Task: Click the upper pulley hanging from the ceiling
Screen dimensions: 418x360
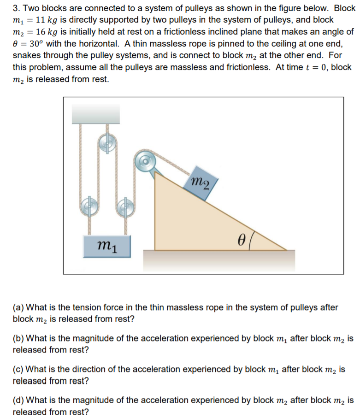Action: pyautogui.click(x=107, y=143)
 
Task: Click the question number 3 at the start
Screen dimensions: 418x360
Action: pyautogui.click(x=16, y=8)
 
